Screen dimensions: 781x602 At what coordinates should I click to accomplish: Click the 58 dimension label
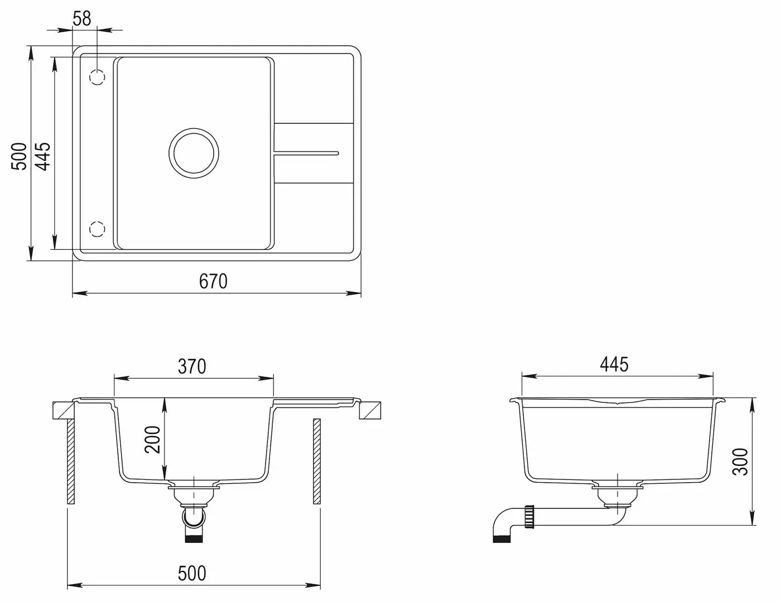82,18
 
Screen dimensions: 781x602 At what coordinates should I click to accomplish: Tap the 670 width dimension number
213,281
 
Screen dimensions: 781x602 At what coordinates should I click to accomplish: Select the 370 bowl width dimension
192,367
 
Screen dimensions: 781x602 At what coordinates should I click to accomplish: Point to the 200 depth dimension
152,440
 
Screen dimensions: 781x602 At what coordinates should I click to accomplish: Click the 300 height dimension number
740,462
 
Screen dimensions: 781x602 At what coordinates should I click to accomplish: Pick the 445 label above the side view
614,365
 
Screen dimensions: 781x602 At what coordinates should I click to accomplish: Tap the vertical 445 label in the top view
44,156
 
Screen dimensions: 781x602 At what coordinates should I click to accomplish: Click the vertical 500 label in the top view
19,156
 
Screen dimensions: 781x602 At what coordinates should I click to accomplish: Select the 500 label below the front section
192,573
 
